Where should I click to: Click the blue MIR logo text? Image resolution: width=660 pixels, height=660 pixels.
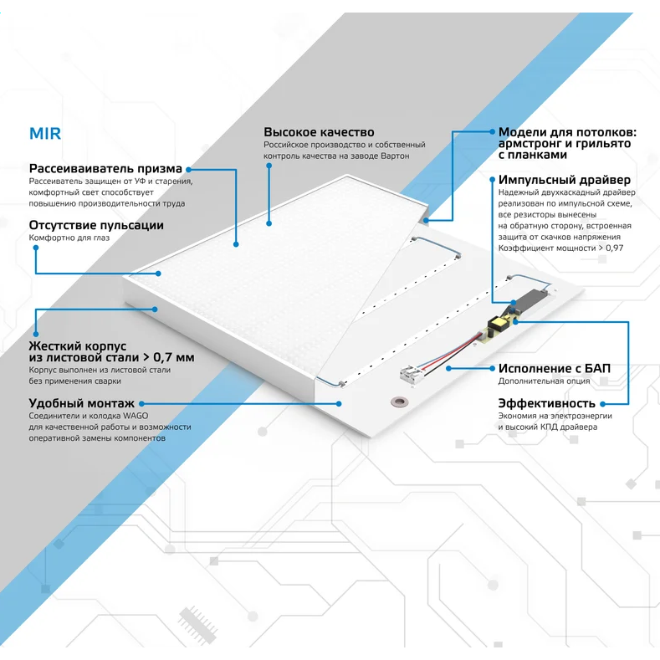pos(45,134)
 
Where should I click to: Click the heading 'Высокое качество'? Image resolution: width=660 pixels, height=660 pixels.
pos(319,132)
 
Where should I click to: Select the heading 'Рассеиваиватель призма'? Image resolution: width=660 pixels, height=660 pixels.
pos(105,169)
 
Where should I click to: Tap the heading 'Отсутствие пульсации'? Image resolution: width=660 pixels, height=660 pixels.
pos(96,225)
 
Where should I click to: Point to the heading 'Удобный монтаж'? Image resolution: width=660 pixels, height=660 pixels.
pos(82,403)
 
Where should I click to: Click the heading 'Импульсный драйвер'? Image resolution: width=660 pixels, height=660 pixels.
pos(565,180)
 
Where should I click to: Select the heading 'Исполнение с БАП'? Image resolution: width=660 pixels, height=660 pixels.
pos(555,368)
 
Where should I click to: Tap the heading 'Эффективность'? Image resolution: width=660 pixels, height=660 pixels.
pos(547,403)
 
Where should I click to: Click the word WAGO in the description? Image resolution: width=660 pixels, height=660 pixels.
pos(136,416)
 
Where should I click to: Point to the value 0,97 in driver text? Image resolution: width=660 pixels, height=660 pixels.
pos(615,248)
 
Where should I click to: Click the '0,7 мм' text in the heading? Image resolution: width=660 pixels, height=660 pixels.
pos(174,357)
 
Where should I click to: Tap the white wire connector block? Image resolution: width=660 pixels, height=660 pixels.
pos(411,372)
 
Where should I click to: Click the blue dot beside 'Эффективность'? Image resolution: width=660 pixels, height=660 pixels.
pos(603,404)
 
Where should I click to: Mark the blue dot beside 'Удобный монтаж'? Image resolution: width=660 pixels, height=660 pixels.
pos(142,404)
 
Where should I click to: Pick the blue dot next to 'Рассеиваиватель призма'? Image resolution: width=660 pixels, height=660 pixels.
pos(188,170)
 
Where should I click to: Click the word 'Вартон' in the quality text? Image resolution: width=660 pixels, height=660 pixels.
pos(395,156)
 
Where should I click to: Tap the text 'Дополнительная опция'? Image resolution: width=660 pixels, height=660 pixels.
pos(544,381)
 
